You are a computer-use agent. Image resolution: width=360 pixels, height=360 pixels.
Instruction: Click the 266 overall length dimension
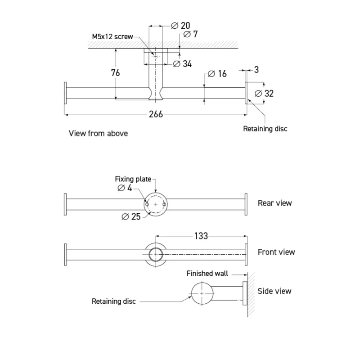156,114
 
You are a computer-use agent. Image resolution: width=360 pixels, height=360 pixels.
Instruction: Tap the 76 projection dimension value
115,73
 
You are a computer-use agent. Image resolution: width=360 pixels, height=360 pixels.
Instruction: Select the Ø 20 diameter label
181,26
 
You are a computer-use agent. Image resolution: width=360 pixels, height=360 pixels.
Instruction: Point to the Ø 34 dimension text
182,64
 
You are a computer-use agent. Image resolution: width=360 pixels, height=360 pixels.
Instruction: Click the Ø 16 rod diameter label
217,74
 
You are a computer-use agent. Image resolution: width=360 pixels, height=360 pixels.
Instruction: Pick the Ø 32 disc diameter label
264,94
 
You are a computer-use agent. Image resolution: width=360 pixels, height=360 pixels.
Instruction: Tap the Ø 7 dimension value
190,34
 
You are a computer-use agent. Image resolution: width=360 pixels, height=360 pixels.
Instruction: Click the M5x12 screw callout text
112,36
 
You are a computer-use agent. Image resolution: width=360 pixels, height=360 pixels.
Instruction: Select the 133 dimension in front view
201,236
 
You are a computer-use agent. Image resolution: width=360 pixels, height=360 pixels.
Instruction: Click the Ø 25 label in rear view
131,216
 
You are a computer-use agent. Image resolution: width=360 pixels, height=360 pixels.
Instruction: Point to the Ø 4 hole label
125,188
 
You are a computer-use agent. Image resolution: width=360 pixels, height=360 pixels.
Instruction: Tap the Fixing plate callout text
133,179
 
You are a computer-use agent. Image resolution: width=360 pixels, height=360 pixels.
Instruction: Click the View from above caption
98,133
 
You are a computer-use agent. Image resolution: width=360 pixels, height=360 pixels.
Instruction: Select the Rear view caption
274,203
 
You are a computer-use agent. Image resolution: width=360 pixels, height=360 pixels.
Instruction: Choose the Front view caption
276,252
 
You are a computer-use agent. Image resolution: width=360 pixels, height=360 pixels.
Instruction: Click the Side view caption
274,291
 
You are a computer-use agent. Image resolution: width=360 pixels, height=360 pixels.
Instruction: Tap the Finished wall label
207,274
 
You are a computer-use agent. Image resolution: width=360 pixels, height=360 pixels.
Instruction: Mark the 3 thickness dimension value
256,70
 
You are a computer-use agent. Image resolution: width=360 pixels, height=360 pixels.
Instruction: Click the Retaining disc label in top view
265,129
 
